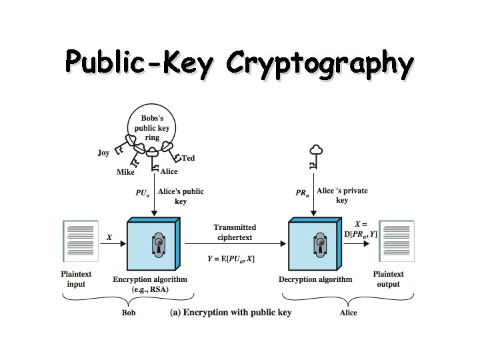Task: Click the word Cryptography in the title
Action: pos(319,65)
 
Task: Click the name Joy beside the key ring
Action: pos(103,153)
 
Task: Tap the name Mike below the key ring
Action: pos(125,172)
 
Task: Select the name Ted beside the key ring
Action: pos(189,158)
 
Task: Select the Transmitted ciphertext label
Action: pos(235,233)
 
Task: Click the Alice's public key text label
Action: pos(181,196)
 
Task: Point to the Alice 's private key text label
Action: pos(342,195)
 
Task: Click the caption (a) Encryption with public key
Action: pos(231,313)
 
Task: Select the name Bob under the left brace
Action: pos(129,312)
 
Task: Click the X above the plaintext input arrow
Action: pos(109,237)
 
